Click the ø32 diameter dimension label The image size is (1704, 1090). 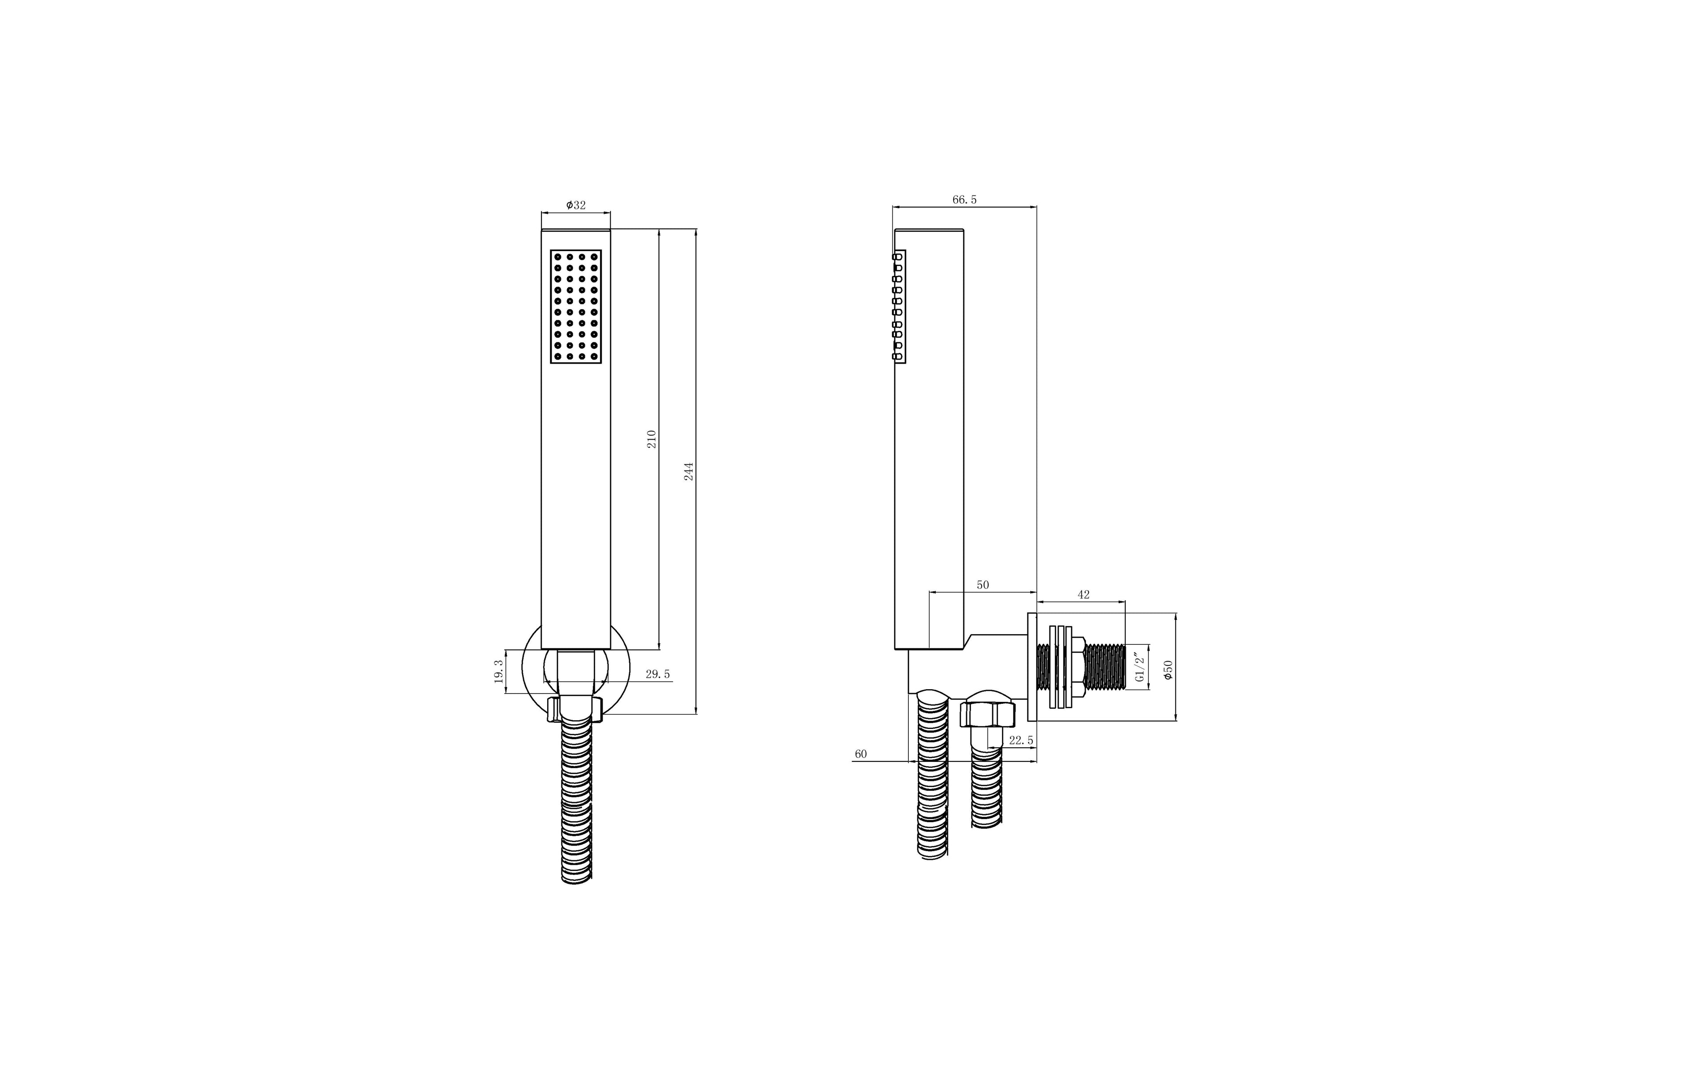click(x=576, y=205)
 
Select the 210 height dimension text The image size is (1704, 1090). click(x=651, y=439)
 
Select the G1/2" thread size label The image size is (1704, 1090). click(x=1140, y=667)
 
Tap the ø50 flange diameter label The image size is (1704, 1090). click(x=1168, y=670)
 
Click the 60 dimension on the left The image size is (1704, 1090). click(x=860, y=754)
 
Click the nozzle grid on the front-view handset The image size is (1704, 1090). click(x=576, y=306)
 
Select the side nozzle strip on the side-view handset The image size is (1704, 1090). click(x=899, y=306)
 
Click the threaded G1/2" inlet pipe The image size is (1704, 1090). click(x=1105, y=667)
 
